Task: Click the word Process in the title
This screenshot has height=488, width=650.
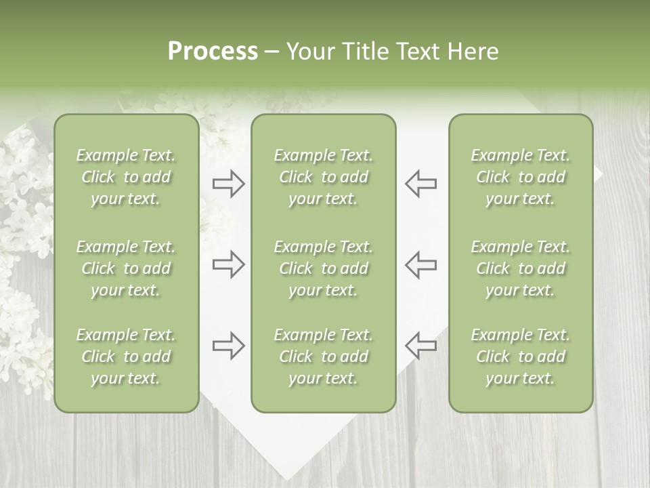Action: click(213, 52)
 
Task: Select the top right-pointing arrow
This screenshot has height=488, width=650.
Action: click(228, 184)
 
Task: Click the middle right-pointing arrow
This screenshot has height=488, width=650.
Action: click(228, 264)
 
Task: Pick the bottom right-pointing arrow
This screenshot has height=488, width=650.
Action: click(228, 346)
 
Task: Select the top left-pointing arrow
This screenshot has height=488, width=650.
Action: click(420, 184)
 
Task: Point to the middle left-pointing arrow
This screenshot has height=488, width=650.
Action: click(420, 264)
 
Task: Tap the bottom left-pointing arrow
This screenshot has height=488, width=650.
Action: click(420, 346)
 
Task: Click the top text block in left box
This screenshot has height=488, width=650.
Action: click(126, 177)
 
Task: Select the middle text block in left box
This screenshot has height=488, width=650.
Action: click(126, 268)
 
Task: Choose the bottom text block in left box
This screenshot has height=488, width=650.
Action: click(126, 357)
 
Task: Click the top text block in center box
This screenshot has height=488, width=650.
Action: click(323, 177)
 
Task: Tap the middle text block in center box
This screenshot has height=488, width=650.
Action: click(323, 268)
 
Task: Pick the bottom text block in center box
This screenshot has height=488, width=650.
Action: click(323, 357)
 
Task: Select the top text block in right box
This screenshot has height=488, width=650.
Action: click(520, 177)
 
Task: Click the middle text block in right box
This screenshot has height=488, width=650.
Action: click(520, 268)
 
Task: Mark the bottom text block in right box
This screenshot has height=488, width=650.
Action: click(520, 357)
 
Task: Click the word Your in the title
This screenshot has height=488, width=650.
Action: click(308, 52)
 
